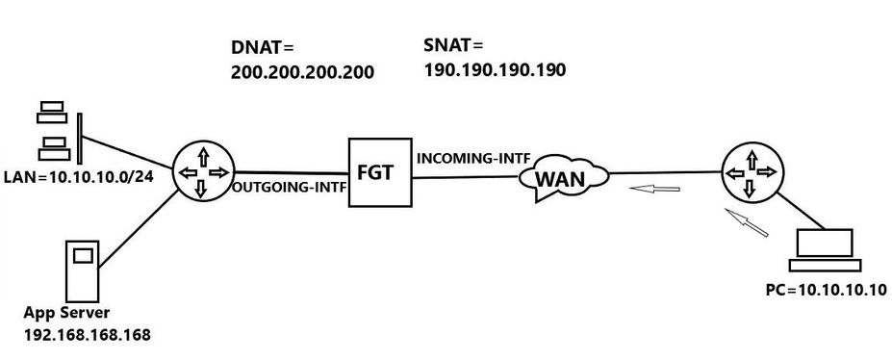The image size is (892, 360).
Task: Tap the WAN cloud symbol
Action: pos(564,178)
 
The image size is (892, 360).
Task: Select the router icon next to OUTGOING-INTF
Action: pos(200,171)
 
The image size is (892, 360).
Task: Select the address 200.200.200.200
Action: pos(302,72)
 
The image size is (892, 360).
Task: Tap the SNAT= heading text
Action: pos(452,45)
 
